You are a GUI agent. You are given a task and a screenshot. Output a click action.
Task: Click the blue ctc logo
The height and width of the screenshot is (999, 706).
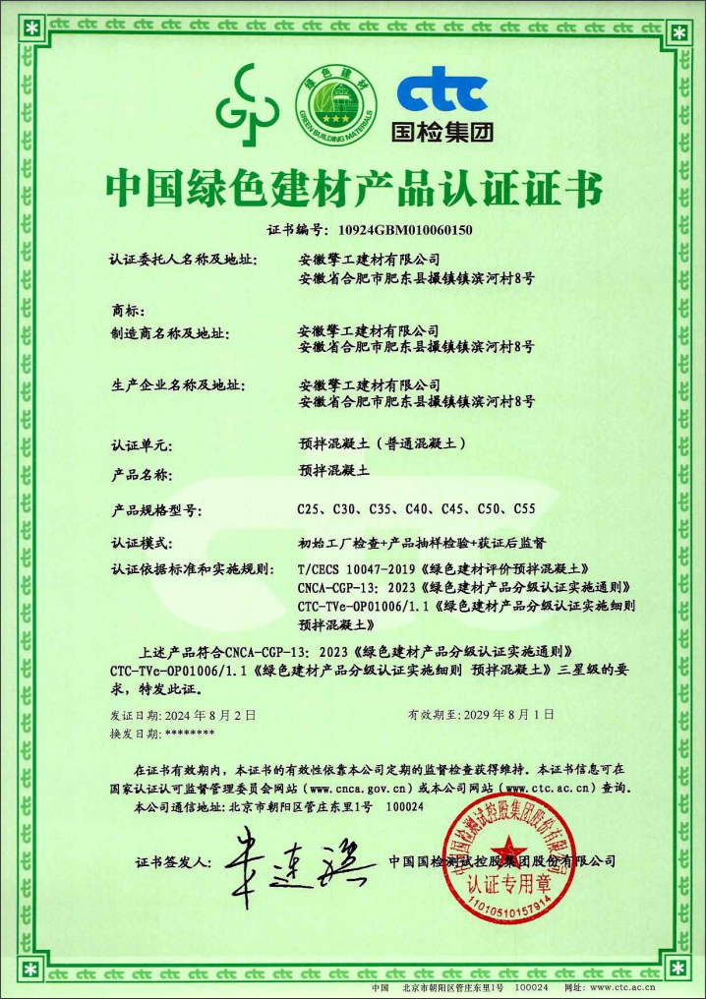click(x=441, y=93)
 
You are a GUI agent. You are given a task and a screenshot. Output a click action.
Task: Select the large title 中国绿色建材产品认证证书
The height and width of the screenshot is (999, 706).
click(x=353, y=188)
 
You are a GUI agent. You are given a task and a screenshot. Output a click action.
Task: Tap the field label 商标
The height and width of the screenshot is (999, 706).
click(x=129, y=311)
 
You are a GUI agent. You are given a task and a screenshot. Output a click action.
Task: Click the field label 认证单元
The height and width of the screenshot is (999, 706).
click(x=143, y=444)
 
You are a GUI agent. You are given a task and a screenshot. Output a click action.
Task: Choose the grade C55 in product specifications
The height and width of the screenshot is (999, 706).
click(x=524, y=508)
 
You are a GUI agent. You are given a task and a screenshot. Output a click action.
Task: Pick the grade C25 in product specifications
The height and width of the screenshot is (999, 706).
click(x=312, y=508)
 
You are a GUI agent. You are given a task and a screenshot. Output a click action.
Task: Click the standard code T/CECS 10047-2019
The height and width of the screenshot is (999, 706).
click(x=356, y=568)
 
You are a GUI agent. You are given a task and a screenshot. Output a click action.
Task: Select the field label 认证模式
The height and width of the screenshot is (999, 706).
click(x=143, y=543)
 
